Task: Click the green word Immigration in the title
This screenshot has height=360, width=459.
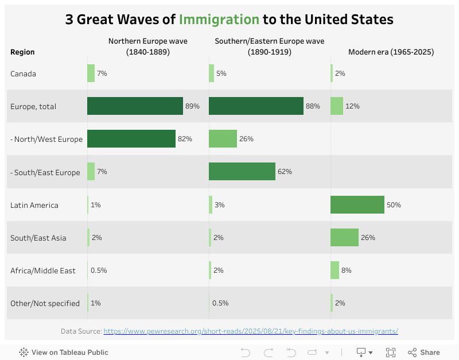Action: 219,20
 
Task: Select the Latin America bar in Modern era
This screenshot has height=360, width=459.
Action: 357,205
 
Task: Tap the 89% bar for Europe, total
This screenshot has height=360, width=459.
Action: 135,106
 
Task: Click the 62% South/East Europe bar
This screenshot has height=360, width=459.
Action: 242,172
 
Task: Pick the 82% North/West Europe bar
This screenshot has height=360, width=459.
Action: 131,139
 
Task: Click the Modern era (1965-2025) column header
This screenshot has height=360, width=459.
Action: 391,52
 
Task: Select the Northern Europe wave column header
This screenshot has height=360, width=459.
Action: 147,47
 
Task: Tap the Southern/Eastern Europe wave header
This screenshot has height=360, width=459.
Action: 269,47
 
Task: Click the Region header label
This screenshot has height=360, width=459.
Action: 22,52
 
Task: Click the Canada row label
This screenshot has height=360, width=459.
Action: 23,73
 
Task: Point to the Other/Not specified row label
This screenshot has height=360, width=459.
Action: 45,303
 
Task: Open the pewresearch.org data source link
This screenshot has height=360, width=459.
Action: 251,331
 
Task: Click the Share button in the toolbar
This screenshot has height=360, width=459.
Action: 424,353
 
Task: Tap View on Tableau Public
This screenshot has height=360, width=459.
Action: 64,353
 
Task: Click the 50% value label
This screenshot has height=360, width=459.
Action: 394,205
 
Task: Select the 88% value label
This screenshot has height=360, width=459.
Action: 313,106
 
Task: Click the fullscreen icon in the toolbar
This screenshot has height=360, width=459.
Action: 391,353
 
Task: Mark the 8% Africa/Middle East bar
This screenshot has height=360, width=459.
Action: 334,270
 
